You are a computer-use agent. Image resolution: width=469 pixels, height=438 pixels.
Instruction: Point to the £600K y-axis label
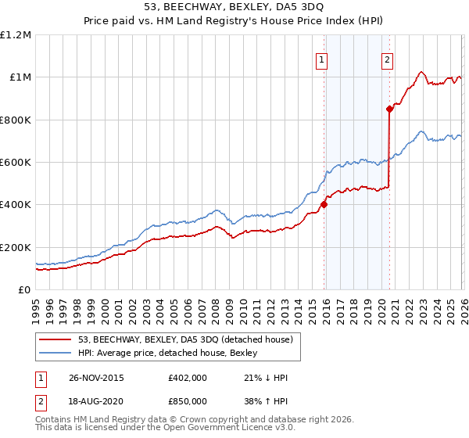15,163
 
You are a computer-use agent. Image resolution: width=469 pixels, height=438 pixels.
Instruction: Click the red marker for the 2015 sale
324,205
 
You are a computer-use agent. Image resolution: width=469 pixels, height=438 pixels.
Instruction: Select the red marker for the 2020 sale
388,109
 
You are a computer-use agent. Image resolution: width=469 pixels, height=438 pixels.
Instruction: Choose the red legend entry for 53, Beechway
185,339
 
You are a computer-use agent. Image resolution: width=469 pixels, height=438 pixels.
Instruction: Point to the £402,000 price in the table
188,378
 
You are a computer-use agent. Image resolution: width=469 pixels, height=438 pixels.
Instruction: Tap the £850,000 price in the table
188,400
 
